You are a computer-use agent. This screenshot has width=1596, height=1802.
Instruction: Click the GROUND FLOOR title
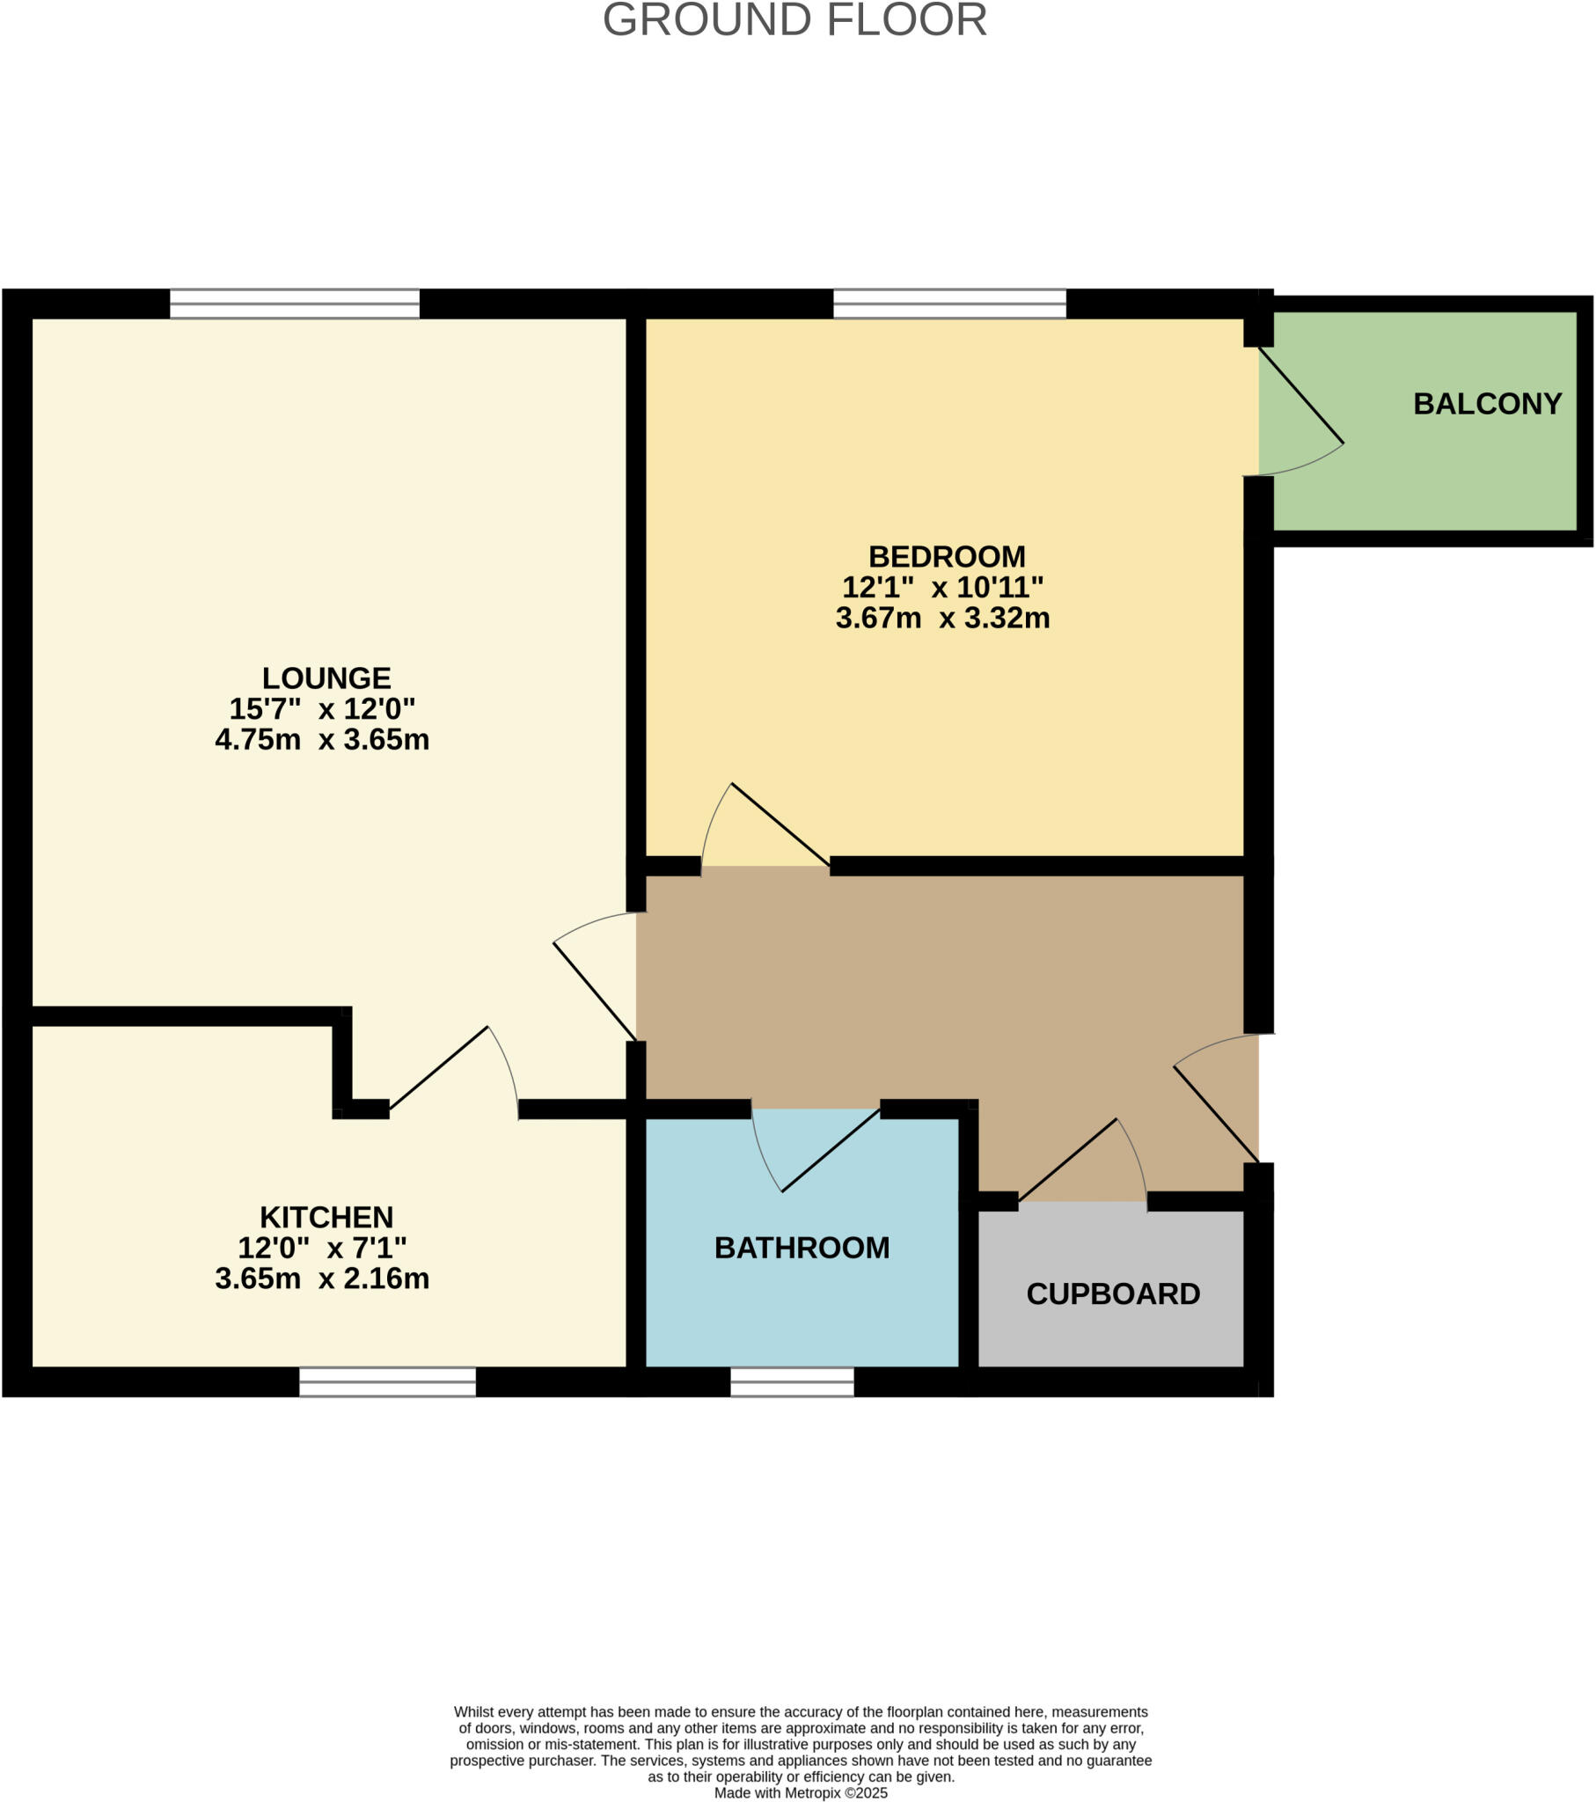pyautogui.click(x=794, y=21)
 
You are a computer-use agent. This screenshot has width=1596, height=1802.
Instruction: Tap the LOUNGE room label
pyautogui.click(x=326, y=678)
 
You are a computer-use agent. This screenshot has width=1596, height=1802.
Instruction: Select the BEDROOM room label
pyautogui.click(x=947, y=556)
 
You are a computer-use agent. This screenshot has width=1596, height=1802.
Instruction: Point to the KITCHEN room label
pyautogui.click(x=326, y=1218)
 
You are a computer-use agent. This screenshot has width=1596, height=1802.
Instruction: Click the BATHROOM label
pyautogui.click(x=802, y=1248)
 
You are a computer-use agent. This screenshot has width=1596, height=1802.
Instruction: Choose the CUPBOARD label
pyautogui.click(x=1113, y=1293)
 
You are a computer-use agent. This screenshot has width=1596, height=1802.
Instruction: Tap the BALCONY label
pyautogui.click(x=1488, y=404)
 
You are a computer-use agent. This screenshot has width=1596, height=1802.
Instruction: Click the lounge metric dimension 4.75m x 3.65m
pyautogui.click(x=322, y=739)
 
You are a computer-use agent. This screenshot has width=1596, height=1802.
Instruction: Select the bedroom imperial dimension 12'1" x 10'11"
pyautogui.click(x=942, y=587)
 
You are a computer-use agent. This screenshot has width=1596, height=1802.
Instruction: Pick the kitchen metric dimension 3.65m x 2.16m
pyautogui.click(x=322, y=1278)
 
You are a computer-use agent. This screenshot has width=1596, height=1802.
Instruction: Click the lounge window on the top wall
pyautogui.click(x=295, y=304)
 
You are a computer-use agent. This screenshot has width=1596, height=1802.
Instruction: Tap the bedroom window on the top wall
pyautogui.click(x=949, y=304)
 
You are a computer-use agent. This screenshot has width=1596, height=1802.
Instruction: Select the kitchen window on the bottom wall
pyautogui.click(x=387, y=1381)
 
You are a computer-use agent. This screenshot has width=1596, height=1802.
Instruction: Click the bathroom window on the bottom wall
pyautogui.click(x=792, y=1381)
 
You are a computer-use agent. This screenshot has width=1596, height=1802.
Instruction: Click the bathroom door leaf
pyautogui.click(x=831, y=1150)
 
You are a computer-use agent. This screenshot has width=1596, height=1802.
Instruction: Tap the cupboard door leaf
pyautogui.click(x=1068, y=1160)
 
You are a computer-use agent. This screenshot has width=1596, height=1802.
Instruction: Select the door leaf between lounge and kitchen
pyautogui.click(x=438, y=1067)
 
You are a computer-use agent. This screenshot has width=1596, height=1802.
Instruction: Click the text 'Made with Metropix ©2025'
pyautogui.click(x=801, y=1792)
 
